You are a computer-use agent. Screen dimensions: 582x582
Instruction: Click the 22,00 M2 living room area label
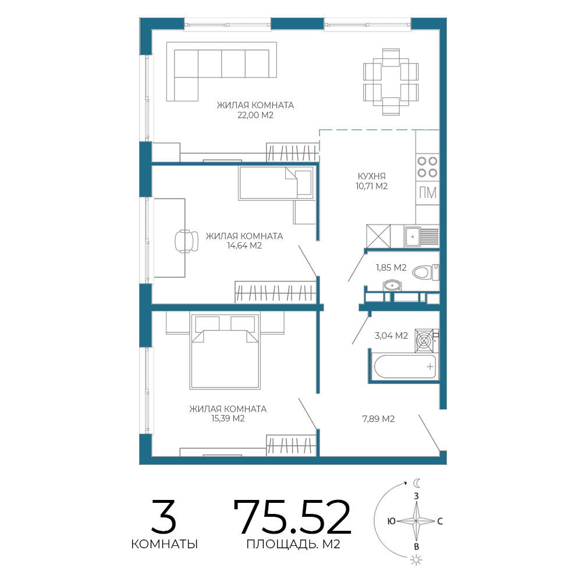coord(255,115)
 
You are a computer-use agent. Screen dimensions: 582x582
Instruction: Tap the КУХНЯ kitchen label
coord(371,176)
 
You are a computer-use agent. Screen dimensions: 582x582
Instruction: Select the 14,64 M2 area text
coord(244,246)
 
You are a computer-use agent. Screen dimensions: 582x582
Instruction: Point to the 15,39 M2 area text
coord(228,418)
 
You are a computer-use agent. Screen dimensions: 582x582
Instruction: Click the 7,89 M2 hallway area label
coord(378,418)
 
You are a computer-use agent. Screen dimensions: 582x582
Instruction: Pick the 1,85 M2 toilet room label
coord(391,267)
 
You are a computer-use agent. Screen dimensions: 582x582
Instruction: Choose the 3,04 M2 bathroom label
coord(391,336)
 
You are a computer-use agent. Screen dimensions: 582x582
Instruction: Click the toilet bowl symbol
coord(426,272)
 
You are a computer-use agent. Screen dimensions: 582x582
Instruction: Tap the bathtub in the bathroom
coord(405,367)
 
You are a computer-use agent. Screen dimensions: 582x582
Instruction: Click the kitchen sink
coord(413,237)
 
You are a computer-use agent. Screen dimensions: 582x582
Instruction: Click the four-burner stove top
coord(427,166)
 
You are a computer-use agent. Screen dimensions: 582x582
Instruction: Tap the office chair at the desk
coord(186,241)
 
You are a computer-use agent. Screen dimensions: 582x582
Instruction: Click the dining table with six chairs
coord(391,82)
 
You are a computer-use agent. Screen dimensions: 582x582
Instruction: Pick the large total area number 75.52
coord(292,516)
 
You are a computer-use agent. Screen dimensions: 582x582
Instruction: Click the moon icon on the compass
coord(417,483)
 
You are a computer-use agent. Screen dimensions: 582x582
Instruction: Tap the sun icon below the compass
coord(417,560)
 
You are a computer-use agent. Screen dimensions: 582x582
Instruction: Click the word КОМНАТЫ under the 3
coord(165,544)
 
